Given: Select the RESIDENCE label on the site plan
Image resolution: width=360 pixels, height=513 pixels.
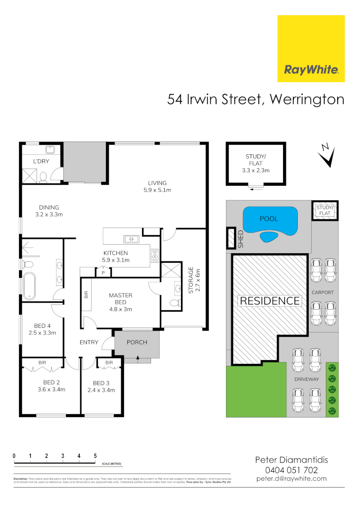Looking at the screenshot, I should (270, 301).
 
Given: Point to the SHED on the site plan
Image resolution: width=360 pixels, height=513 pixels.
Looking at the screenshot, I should (232, 237).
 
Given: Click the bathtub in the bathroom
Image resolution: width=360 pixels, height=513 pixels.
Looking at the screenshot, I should (29, 286).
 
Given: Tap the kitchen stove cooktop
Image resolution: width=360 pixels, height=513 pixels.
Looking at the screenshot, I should (155, 256).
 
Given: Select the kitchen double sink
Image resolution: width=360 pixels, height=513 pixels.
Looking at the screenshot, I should (131, 239).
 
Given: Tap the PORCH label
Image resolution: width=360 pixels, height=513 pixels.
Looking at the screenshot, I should (137, 342).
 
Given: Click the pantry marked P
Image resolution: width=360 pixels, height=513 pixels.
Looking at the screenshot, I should (103, 273).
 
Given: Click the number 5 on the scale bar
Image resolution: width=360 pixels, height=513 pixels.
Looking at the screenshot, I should (95, 456).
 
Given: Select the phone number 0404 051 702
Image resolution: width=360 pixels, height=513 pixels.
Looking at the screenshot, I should (292, 470).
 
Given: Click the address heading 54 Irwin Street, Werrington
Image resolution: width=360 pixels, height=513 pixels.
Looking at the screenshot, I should (256, 100).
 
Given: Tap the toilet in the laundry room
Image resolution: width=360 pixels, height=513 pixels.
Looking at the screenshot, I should (43, 177).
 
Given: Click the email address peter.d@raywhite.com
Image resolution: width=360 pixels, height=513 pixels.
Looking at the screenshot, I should (292, 479).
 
